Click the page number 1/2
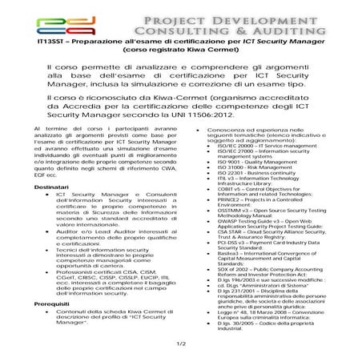click(181, 342)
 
